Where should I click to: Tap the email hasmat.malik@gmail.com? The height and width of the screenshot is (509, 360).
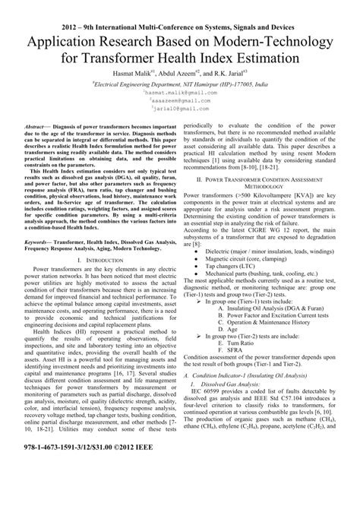[x=180, y=93]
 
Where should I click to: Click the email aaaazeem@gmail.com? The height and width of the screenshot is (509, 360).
[x=180, y=100]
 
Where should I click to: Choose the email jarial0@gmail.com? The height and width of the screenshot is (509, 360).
[x=180, y=109]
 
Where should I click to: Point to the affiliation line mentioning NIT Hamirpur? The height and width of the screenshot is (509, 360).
[x=180, y=84]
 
